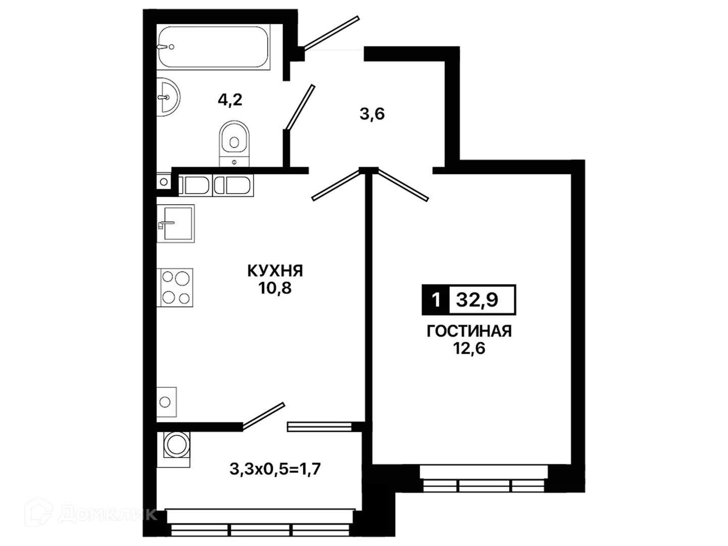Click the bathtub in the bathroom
[x=213, y=47]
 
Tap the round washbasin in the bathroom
[x=168, y=97]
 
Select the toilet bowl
[x=234, y=144]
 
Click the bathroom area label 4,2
[x=230, y=100]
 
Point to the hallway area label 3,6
[x=372, y=114]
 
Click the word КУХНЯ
[x=275, y=271]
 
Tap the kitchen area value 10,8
[x=275, y=288]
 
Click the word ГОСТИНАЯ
[x=469, y=331]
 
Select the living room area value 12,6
[x=469, y=348]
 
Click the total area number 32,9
[x=477, y=300]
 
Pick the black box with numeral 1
[x=435, y=300]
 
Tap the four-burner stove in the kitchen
[x=175, y=288]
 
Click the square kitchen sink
[x=175, y=223]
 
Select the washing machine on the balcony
[x=173, y=449]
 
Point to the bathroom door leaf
[x=300, y=107]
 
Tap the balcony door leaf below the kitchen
[x=264, y=416]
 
